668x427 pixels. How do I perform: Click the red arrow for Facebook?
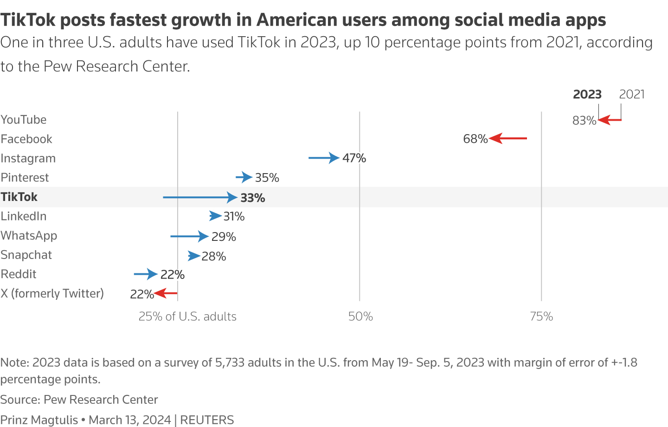(x=508, y=138)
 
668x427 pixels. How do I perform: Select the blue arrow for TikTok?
(x=200, y=198)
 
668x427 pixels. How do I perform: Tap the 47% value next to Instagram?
(x=354, y=158)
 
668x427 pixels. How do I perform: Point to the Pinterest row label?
(x=25, y=178)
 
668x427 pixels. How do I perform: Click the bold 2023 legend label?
(x=587, y=94)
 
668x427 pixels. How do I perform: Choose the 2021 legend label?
(x=632, y=94)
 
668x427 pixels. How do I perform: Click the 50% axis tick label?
(x=360, y=317)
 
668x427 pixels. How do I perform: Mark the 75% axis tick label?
(x=541, y=317)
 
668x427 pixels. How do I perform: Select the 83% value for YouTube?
(x=584, y=121)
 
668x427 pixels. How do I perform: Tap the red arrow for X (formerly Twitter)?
(x=166, y=293)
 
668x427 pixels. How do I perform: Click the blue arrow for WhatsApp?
(x=189, y=236)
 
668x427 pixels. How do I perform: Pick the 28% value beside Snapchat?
(x=214, y=257)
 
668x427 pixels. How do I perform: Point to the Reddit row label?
(x=19, y=274)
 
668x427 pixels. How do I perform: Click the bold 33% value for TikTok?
(x=253, y=198)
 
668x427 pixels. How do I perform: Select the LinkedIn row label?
(x=24, y=216)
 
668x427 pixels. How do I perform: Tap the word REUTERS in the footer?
(x=207, y=420)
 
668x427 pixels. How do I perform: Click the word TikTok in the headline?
(x=28, y=20)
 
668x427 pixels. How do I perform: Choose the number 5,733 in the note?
(x=230, y=362)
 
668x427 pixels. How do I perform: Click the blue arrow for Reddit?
(x=146, y=274)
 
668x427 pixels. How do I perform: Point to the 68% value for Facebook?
(x=475, y=139)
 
